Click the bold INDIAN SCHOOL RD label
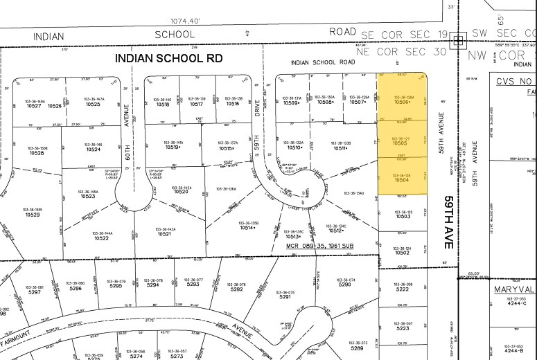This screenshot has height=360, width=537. click(169, 59)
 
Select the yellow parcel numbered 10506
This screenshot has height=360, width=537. click(403, 102)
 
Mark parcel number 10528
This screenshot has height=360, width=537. click(37, 152)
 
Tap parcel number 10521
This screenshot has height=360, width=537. click(164, 234)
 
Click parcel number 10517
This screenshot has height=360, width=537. click(197, 104)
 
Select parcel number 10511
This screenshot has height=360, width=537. click(341, 147)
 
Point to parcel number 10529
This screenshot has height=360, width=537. click(33, 215)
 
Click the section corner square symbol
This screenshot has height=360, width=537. click(457, 41)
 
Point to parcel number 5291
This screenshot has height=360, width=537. click(285, 296)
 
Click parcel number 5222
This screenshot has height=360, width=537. click(403, 289)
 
